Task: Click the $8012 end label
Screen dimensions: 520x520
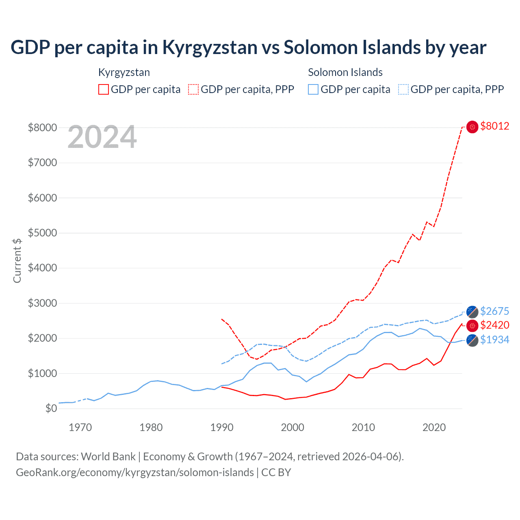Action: coord(494,126)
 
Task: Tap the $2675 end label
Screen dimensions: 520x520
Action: coord(494,312)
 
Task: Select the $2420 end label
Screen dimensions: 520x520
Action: coord(494,325)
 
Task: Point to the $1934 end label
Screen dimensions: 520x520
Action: coord(494,340)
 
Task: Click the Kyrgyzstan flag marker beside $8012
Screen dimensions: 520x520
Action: coord(472,127)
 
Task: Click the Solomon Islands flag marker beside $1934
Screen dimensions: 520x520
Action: coord(472,340)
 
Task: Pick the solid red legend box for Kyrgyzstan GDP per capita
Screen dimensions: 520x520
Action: coord(104,89)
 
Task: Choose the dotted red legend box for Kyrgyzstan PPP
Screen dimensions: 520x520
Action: coord(193,89)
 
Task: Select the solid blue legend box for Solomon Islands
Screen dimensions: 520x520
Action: coord(313,89)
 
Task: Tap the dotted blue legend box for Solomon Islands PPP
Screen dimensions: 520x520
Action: coord(403,89)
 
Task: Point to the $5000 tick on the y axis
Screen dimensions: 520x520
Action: coord(42,233)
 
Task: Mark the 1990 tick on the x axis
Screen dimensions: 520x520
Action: coord(222,427)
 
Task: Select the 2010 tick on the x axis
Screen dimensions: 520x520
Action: coord(363,427)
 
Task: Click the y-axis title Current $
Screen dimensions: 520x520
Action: coord(17,260)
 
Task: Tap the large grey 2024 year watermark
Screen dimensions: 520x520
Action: coord(102,137)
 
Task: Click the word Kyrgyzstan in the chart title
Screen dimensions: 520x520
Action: coord(210,48)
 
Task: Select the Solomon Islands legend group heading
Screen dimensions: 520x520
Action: coord(345,73)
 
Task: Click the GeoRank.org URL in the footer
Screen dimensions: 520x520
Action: coord(134,472)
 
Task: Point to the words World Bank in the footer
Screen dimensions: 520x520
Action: coord(108,457)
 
